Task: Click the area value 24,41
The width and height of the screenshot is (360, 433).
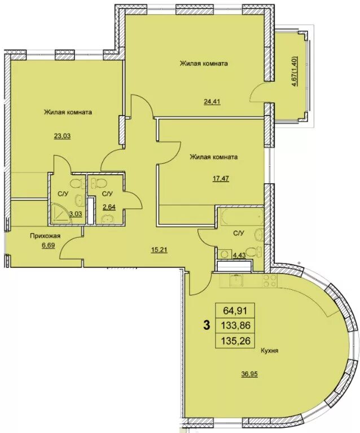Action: [212, 101]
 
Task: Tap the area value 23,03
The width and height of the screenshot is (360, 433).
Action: [63, 135]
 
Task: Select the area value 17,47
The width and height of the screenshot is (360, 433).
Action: [221, 178]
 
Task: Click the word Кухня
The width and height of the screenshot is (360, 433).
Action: [269, 351]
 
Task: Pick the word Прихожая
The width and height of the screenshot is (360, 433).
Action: [45, 236]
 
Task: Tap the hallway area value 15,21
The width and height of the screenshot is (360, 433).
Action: [160, 250]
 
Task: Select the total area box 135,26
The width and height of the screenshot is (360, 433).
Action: [235, 341]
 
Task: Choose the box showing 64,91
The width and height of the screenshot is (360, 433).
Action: [235, 311]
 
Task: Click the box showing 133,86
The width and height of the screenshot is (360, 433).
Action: [235, 326]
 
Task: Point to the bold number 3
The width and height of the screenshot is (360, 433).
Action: [206, 325]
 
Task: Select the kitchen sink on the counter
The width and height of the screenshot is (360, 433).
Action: [236, 280]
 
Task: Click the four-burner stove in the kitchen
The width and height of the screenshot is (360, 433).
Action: [270, 281]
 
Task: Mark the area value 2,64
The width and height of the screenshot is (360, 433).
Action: [109, 207]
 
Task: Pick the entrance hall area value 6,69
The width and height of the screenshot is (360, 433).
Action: [49, 245]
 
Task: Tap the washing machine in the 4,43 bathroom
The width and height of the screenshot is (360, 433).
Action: [225, 254]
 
